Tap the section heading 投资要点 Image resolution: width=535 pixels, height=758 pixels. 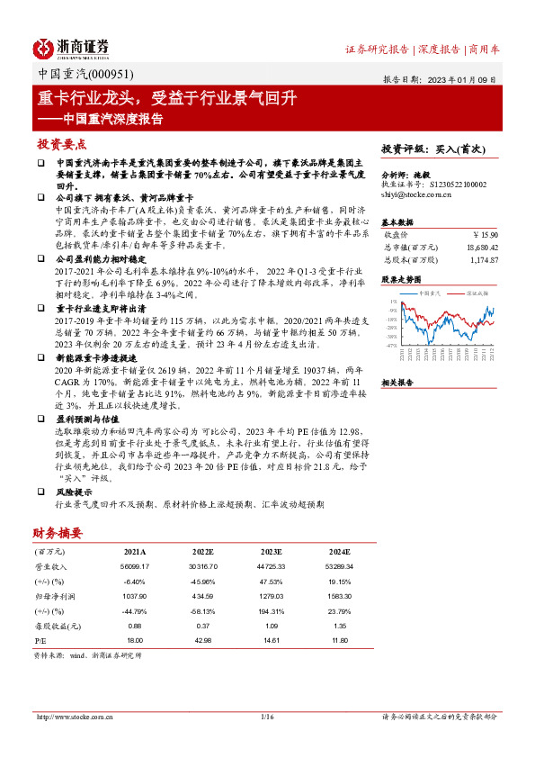(62, 144)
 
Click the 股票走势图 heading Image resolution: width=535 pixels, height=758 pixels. (402, 280)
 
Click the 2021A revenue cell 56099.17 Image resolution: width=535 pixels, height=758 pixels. (133, 566)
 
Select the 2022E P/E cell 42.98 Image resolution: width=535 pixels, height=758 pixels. (203, 638)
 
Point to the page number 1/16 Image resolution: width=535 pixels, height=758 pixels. (266, 717)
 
